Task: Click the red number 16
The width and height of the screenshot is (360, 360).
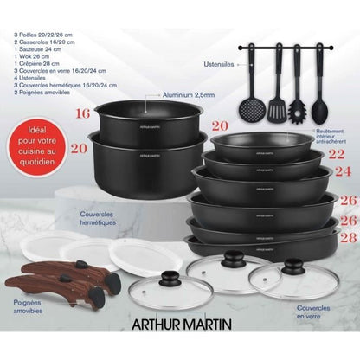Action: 82,113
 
